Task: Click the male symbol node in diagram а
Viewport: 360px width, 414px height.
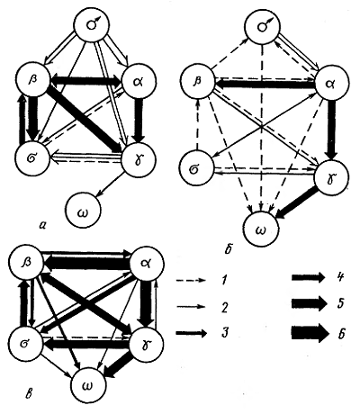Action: point(92,25)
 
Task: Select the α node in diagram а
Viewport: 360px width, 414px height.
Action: point(139,82)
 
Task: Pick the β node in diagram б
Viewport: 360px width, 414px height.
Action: point(197,82)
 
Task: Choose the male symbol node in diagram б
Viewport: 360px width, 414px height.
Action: point(263,26)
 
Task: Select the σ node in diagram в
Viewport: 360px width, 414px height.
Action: point(25,344)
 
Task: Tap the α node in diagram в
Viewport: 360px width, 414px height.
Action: point(147,265)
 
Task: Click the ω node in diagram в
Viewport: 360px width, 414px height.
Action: point(88,386)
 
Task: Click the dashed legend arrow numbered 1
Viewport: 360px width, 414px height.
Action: point(191,281)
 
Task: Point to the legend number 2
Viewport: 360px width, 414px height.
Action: point(224,307)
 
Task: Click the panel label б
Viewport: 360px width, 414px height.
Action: point(229,249)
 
